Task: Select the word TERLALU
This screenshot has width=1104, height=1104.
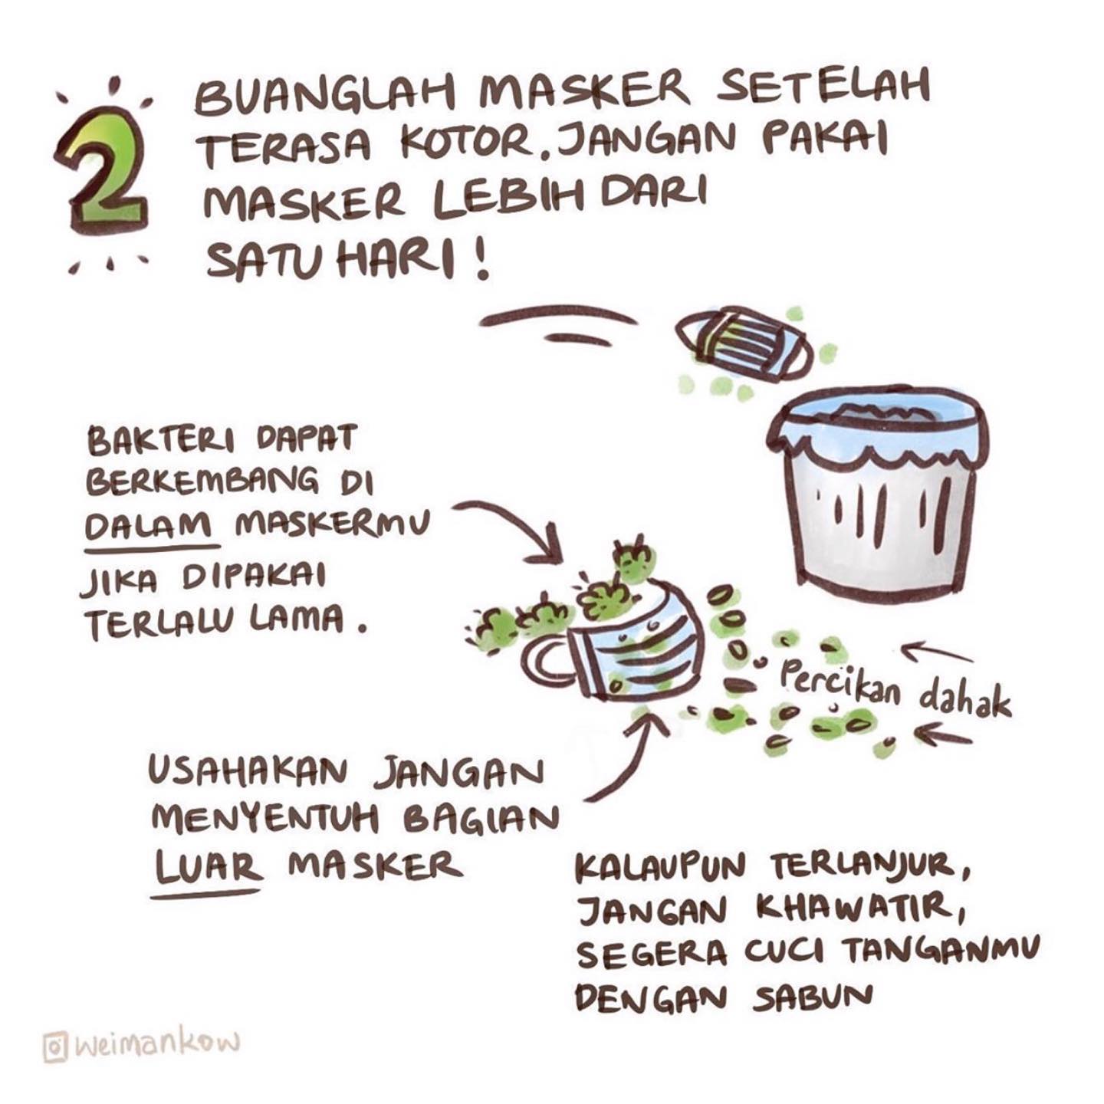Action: [x=161, y=624]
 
